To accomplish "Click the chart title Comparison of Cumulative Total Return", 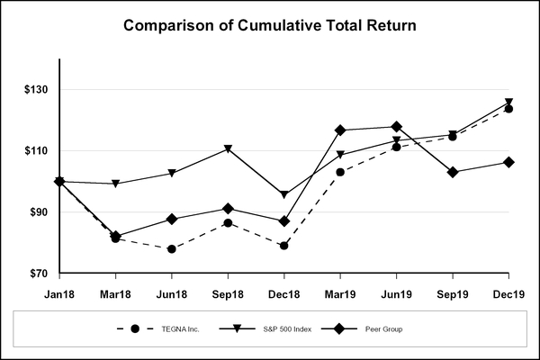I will tap(270, 25).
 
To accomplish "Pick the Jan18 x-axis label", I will tap(59, 294).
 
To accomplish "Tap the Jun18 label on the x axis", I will tap(171, 294).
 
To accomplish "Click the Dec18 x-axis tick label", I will tap(283, 294).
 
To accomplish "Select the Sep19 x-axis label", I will tap(453, 294).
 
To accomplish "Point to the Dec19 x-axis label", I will tap(508, 294).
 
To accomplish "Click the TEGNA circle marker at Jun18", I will tap(171, 249).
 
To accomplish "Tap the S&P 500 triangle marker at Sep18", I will tap(228, 148).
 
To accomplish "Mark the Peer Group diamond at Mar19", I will tap(340, 130).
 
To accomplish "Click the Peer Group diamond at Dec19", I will tap(508, 162).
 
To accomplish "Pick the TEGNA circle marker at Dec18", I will tap(283, 246).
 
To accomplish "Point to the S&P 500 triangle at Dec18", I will tap(283, 194).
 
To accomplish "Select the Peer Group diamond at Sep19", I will tap(453, 172).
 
